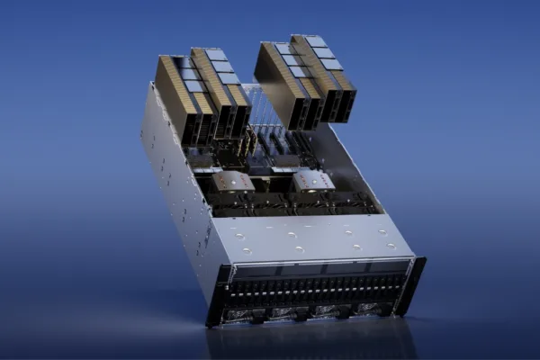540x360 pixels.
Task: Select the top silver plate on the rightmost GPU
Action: (x=315, y=40)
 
